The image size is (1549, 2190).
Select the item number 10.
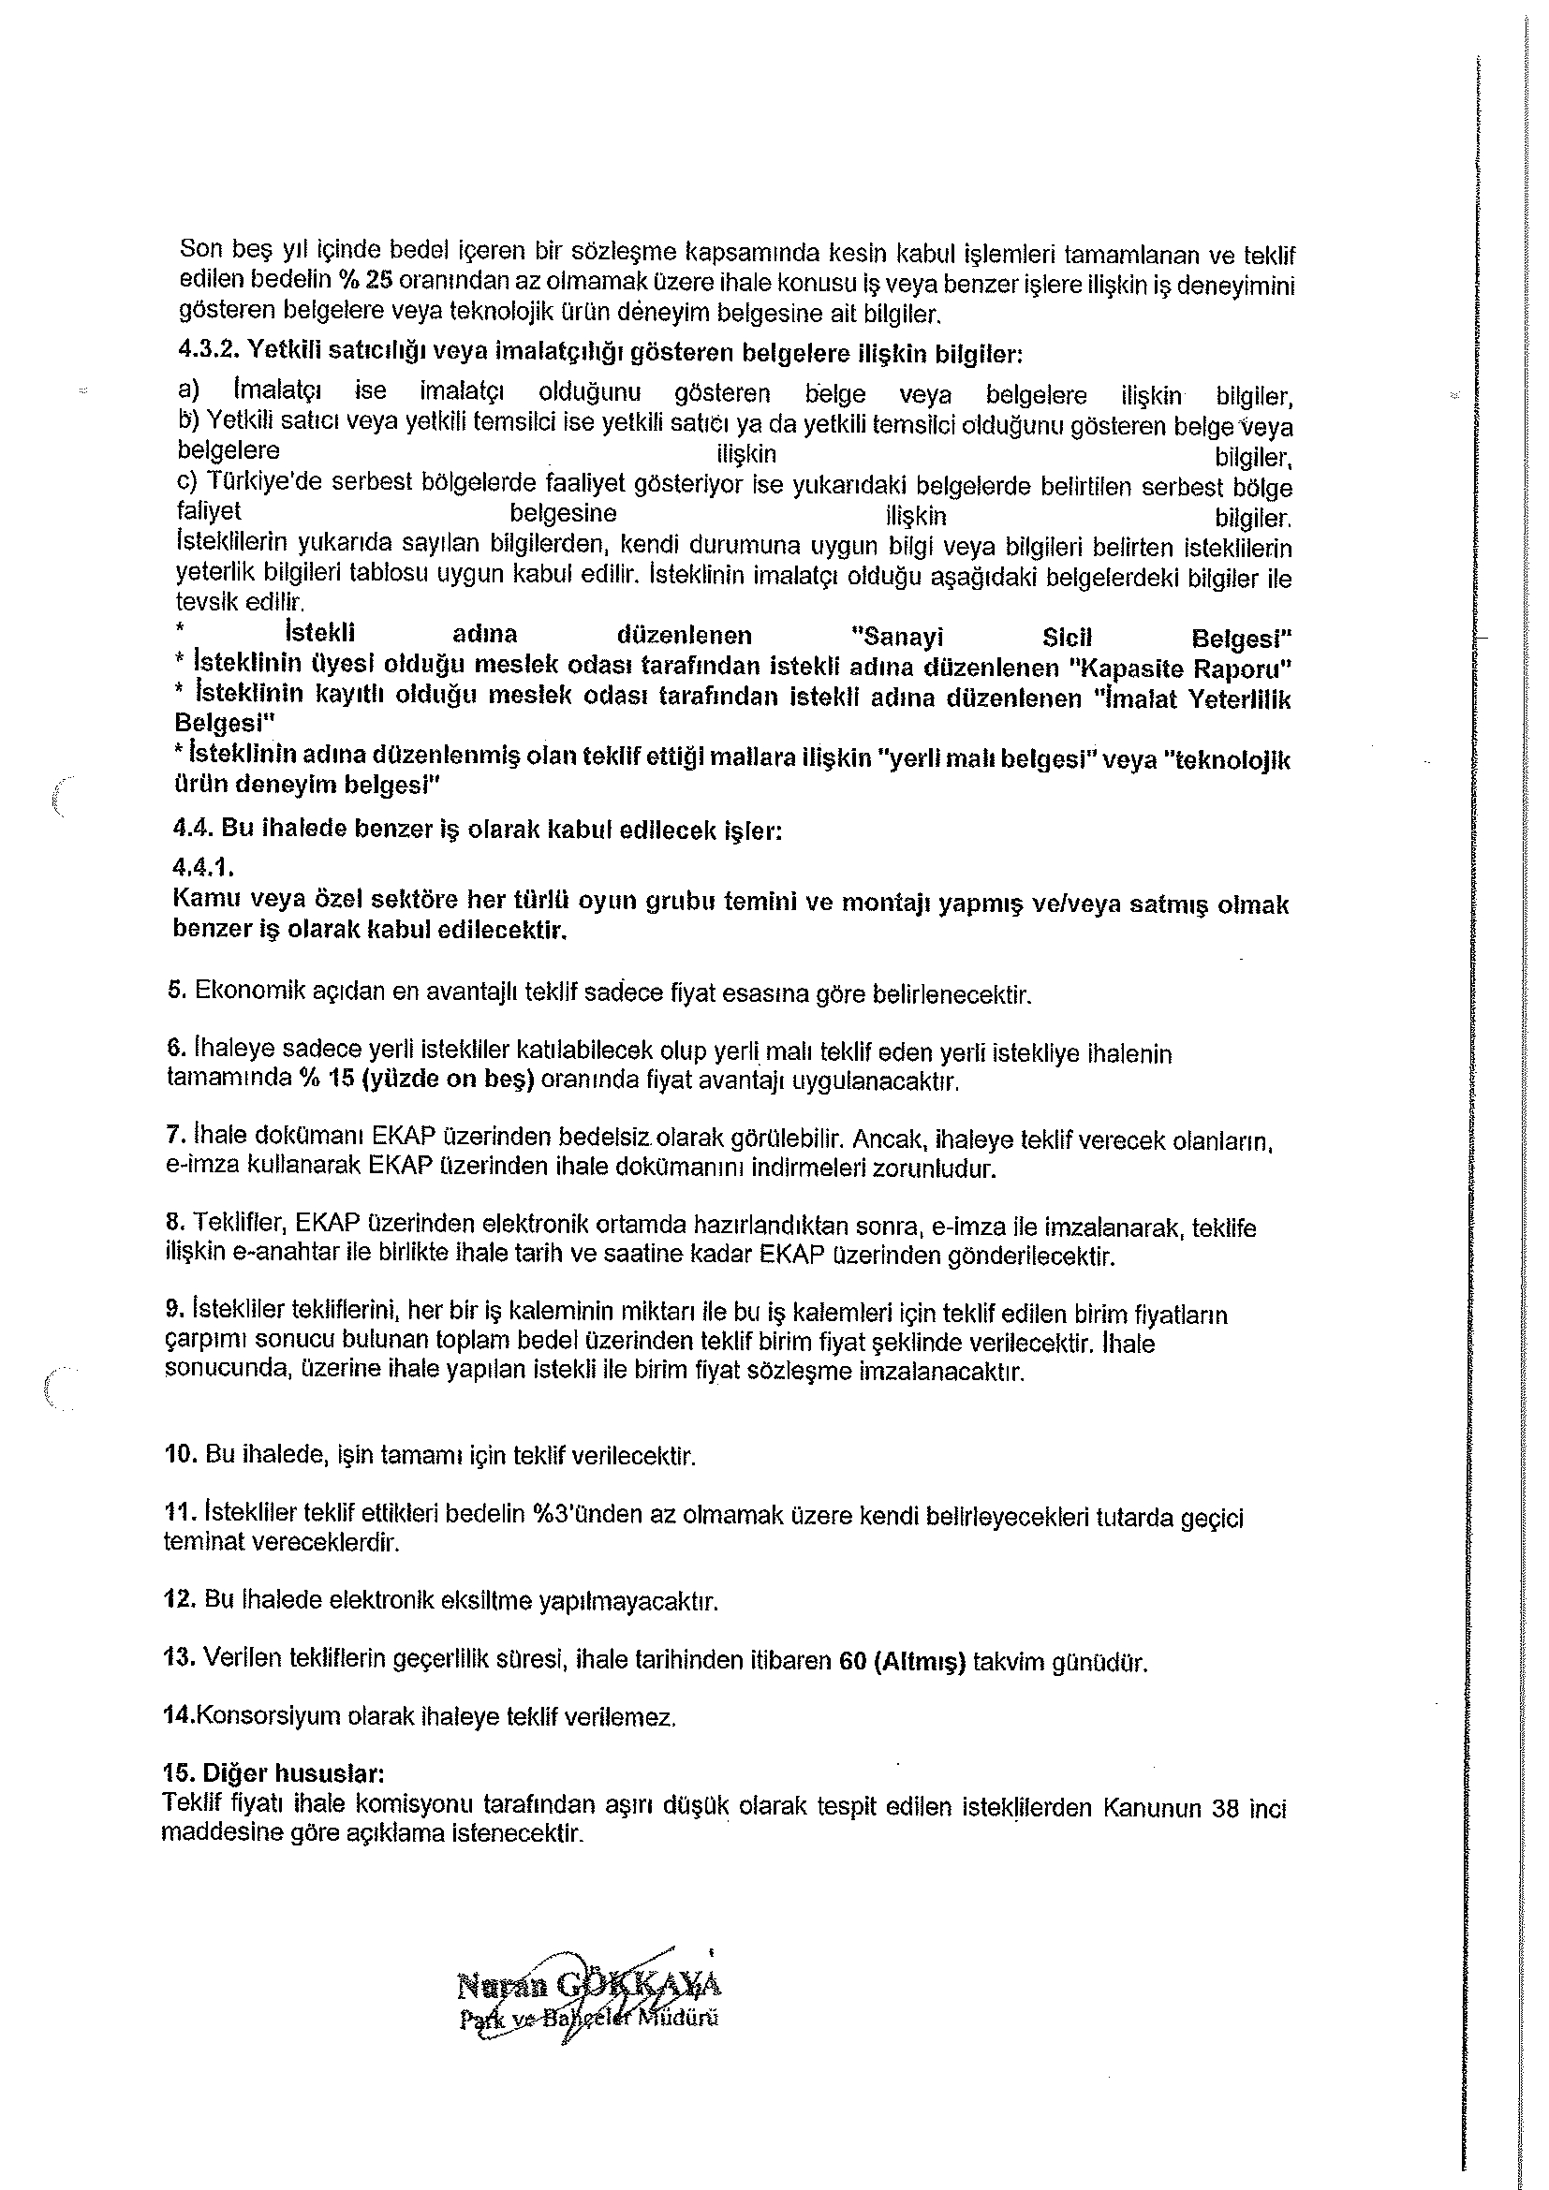pos(179,1455)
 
